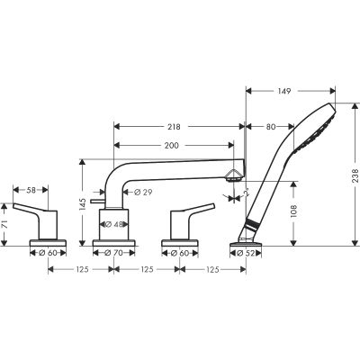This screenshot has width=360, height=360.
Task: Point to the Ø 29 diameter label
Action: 141,193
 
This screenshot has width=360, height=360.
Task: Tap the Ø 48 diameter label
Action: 114,225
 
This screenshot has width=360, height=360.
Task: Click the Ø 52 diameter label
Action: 241,254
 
